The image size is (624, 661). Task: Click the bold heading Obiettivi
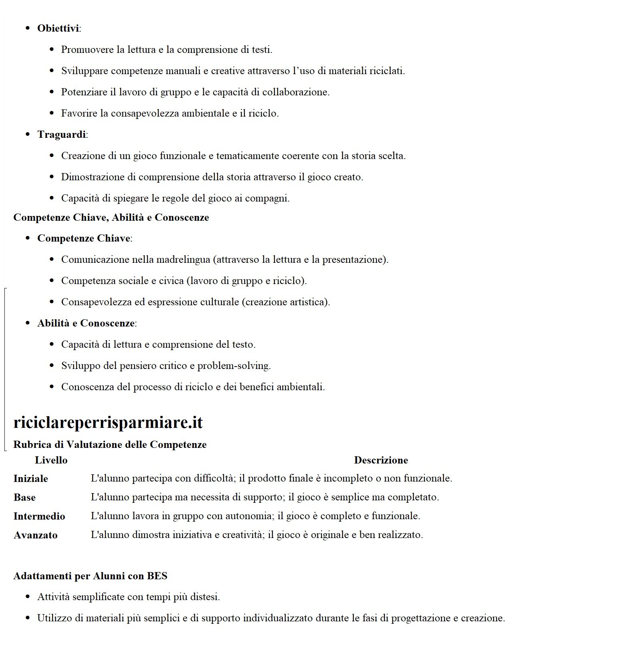coord(58,28)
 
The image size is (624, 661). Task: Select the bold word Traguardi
coord(62,135)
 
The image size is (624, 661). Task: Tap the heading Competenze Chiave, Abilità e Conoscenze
coord(111,218)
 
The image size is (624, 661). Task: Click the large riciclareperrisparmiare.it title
coord(108,422)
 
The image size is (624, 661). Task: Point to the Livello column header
coord(51,460)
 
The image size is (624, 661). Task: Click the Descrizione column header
coord(381,460)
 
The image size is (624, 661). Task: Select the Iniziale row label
coord(31,479)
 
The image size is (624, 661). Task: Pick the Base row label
coord(24,498)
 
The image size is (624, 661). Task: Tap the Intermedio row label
coord(39,516)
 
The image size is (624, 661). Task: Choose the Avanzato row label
coord(36,535)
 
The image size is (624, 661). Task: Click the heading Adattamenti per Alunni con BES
coord(90,576)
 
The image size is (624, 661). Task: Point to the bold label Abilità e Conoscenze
coord(86,323)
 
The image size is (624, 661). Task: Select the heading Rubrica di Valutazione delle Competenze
coord(110,445)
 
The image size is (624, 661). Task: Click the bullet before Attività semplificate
coord(28,597)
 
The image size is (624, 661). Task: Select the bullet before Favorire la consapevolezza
coord(52,113)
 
